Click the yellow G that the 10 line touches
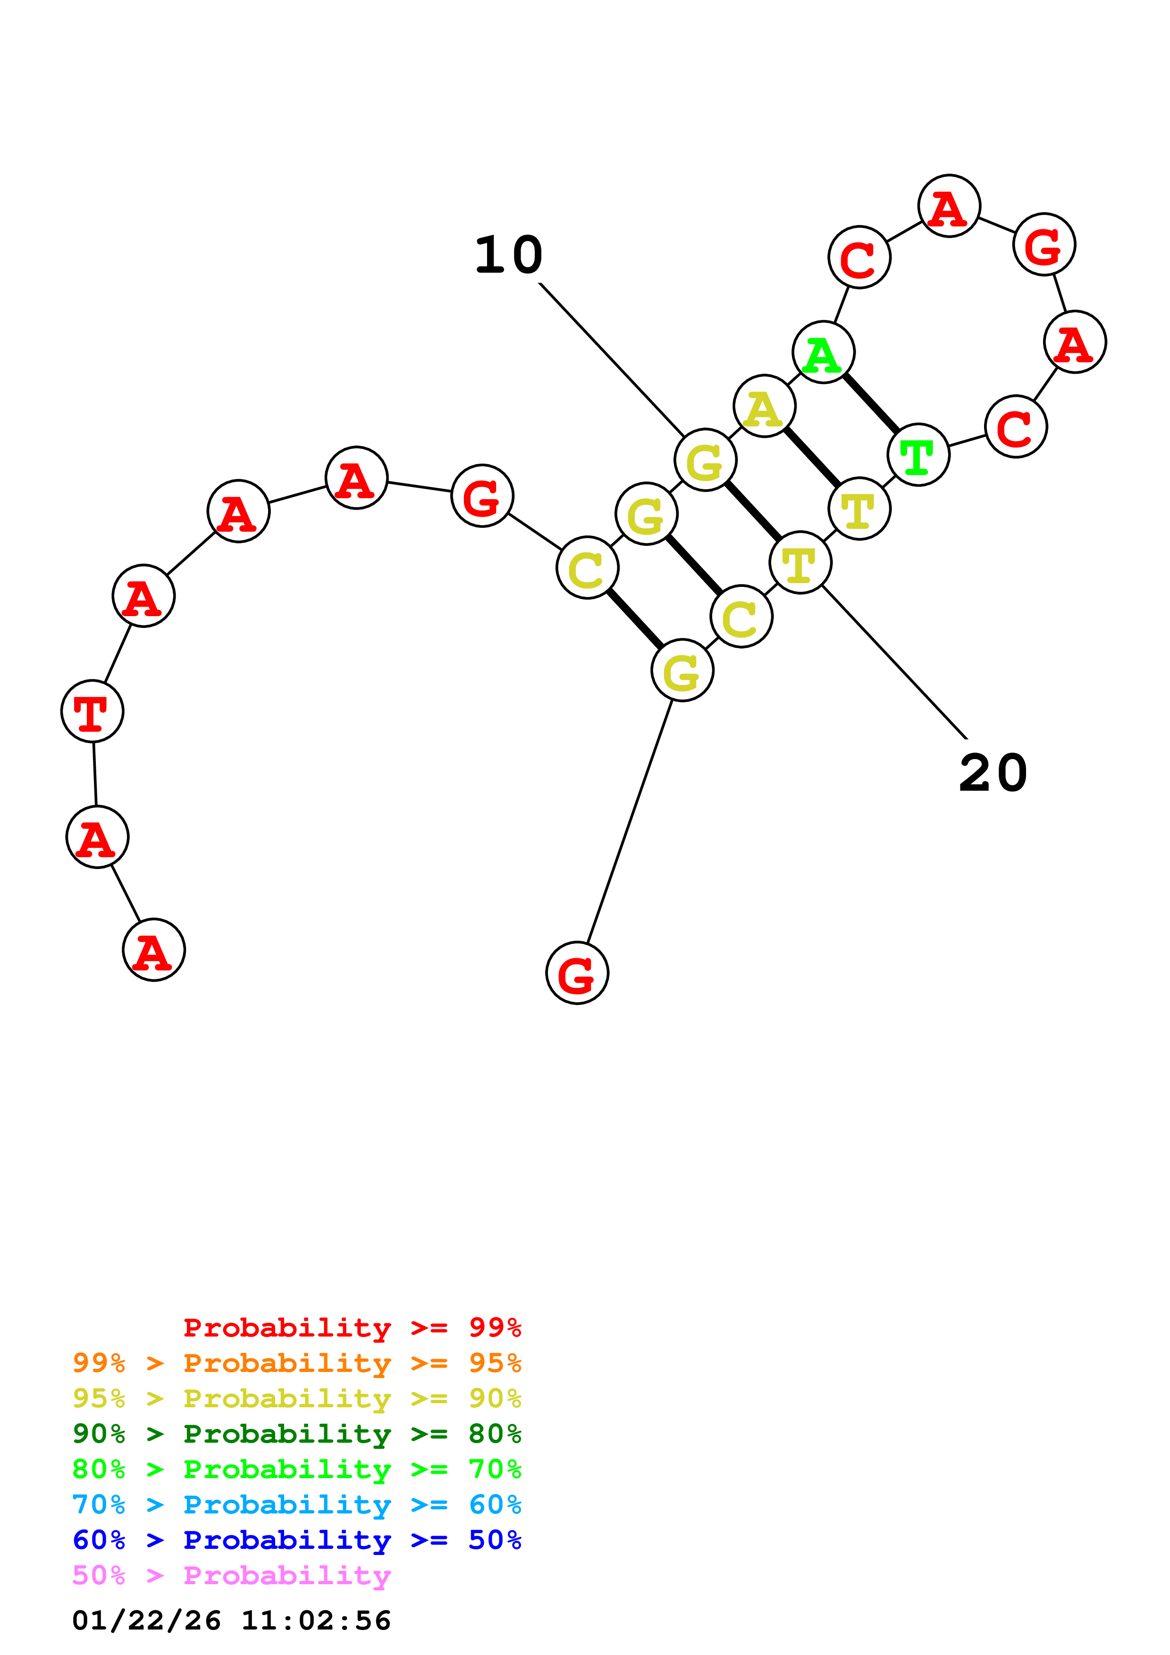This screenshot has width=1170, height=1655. pos(705,460)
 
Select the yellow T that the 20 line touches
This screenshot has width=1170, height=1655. pos(800,562)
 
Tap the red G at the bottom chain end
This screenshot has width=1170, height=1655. pos(577,973)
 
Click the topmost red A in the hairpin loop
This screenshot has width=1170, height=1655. pos(949,206)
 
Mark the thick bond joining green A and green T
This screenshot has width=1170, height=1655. pos(871,404)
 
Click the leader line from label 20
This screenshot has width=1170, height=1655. pos(894,662)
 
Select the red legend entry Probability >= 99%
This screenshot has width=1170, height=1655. pos(352,1327)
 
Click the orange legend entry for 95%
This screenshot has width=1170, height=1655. pos(296,1362)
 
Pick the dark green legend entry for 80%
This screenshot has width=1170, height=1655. pos(296,1434)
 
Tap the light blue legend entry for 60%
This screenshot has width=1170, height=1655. pos(296,1505)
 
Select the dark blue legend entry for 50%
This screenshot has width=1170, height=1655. pos(296,1540)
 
